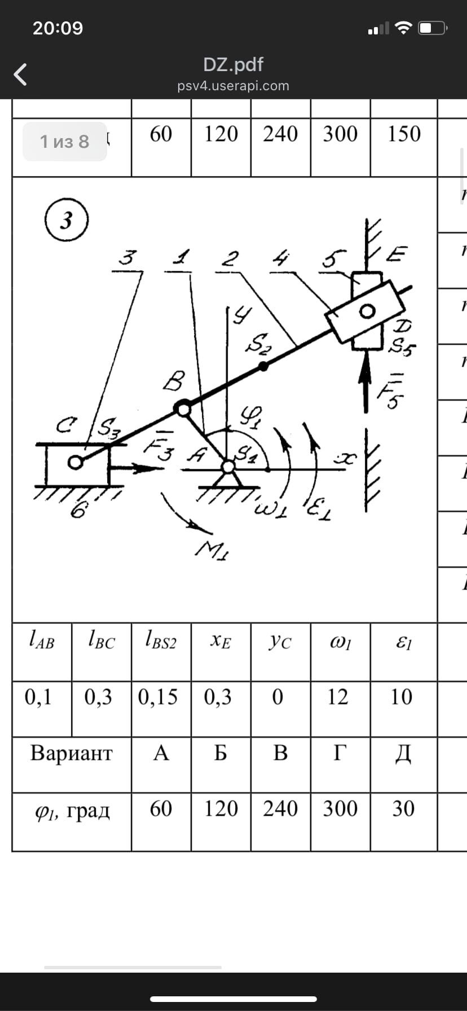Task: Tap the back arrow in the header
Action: [x=20, y=74]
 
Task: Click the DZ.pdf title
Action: [x=233, y=64]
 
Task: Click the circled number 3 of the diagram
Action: [x=67, y=220]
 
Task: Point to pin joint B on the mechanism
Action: [x=183, y=408]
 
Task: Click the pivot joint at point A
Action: [x=228, y=467]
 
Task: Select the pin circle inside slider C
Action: [x=74, y=463]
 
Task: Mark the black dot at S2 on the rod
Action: [x=263, y=366]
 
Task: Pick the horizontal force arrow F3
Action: [x=135, y=468]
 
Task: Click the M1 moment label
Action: [x=212, y=549]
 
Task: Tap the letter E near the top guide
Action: [x=397, y=254]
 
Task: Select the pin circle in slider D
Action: [x=367, y=311]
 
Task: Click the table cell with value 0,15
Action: [x=158, y=697]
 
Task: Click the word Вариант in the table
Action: [x=72, y=753]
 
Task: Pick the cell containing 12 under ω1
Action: [x=338, y=697]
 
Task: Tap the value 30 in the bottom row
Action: [x=403, y=809]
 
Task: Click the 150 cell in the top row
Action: [x=404, y=134]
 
